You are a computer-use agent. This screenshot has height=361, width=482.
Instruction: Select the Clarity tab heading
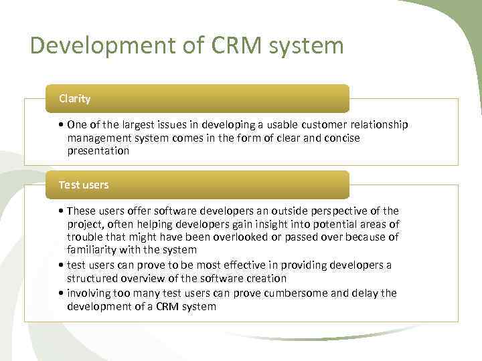coord(74,99)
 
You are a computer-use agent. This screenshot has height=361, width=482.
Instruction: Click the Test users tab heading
coord(83,185)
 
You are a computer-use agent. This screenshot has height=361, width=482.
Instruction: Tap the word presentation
coord(98,150)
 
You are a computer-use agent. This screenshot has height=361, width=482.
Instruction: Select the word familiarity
coord(94,249)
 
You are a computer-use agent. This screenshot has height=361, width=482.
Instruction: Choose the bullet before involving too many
coord(61,293)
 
